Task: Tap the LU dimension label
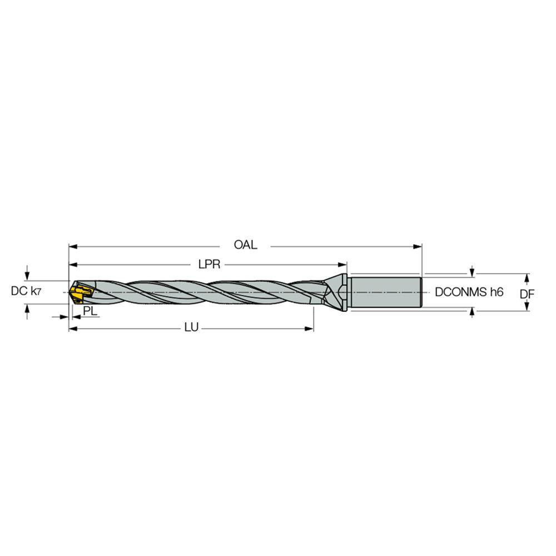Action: pyautogui.click(x=191, y=329)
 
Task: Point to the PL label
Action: pyautogui.click(x=90, y=311)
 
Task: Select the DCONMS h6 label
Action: pyautogui.click(x=469, y=292)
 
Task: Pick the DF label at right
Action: pyautogui.click(x=527, y=293)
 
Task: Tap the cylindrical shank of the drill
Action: pyautogui.click(x=385, y=292)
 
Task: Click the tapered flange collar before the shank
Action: pyautogui.click(x=337, y=292)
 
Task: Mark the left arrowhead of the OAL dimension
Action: pyautogui.click(x=72, y=245)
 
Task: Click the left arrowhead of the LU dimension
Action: pyautogui.click(x=72, y=329)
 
